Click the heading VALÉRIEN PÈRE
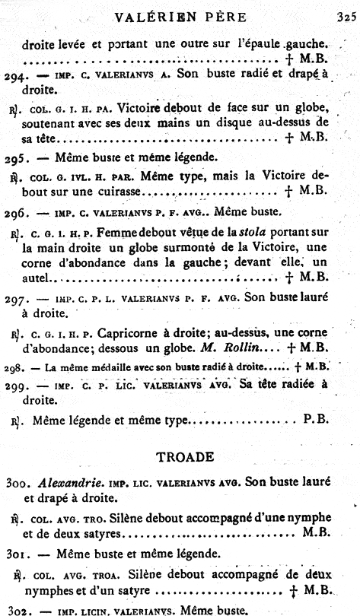[x=180, y=16]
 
